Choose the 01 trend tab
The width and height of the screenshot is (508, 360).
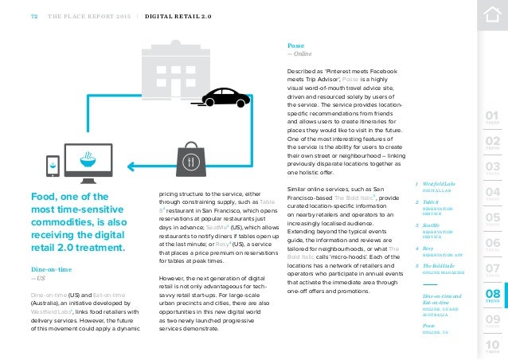click(x=493, y=120)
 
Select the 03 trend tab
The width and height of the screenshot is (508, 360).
click(x=493, y=169)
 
